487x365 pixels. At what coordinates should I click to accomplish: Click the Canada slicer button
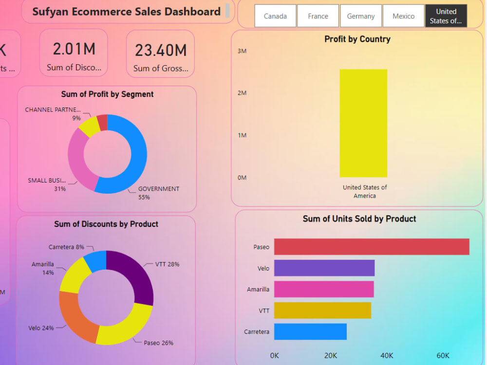(x=275, y=16)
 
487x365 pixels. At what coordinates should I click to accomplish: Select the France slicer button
(x=318, y=16)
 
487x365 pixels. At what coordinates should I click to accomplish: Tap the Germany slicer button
(x=361, y=16)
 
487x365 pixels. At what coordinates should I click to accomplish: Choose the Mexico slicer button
(x=404, y=16)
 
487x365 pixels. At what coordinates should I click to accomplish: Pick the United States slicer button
(x=446, y=16)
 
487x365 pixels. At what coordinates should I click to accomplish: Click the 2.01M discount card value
(x=74, y=49)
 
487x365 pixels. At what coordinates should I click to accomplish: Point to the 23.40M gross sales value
(x=161, y=50)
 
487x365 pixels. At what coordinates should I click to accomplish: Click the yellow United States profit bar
(x=363, y=123)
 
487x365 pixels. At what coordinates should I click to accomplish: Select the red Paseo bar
(x=372, y=247)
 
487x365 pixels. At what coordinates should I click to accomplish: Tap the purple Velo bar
(x=324, y=268)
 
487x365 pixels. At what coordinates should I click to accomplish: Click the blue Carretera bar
(x=310, y=331)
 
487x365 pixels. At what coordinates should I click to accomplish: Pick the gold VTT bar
(x=322, y=310)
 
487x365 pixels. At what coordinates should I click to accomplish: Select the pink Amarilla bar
(x=324, y=289)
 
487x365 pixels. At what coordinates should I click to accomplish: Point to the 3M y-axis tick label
(x=242, y=51)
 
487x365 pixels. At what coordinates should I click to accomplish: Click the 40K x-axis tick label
(x=387, y=356)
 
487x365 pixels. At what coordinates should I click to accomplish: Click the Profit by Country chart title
(x=357, y=39)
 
